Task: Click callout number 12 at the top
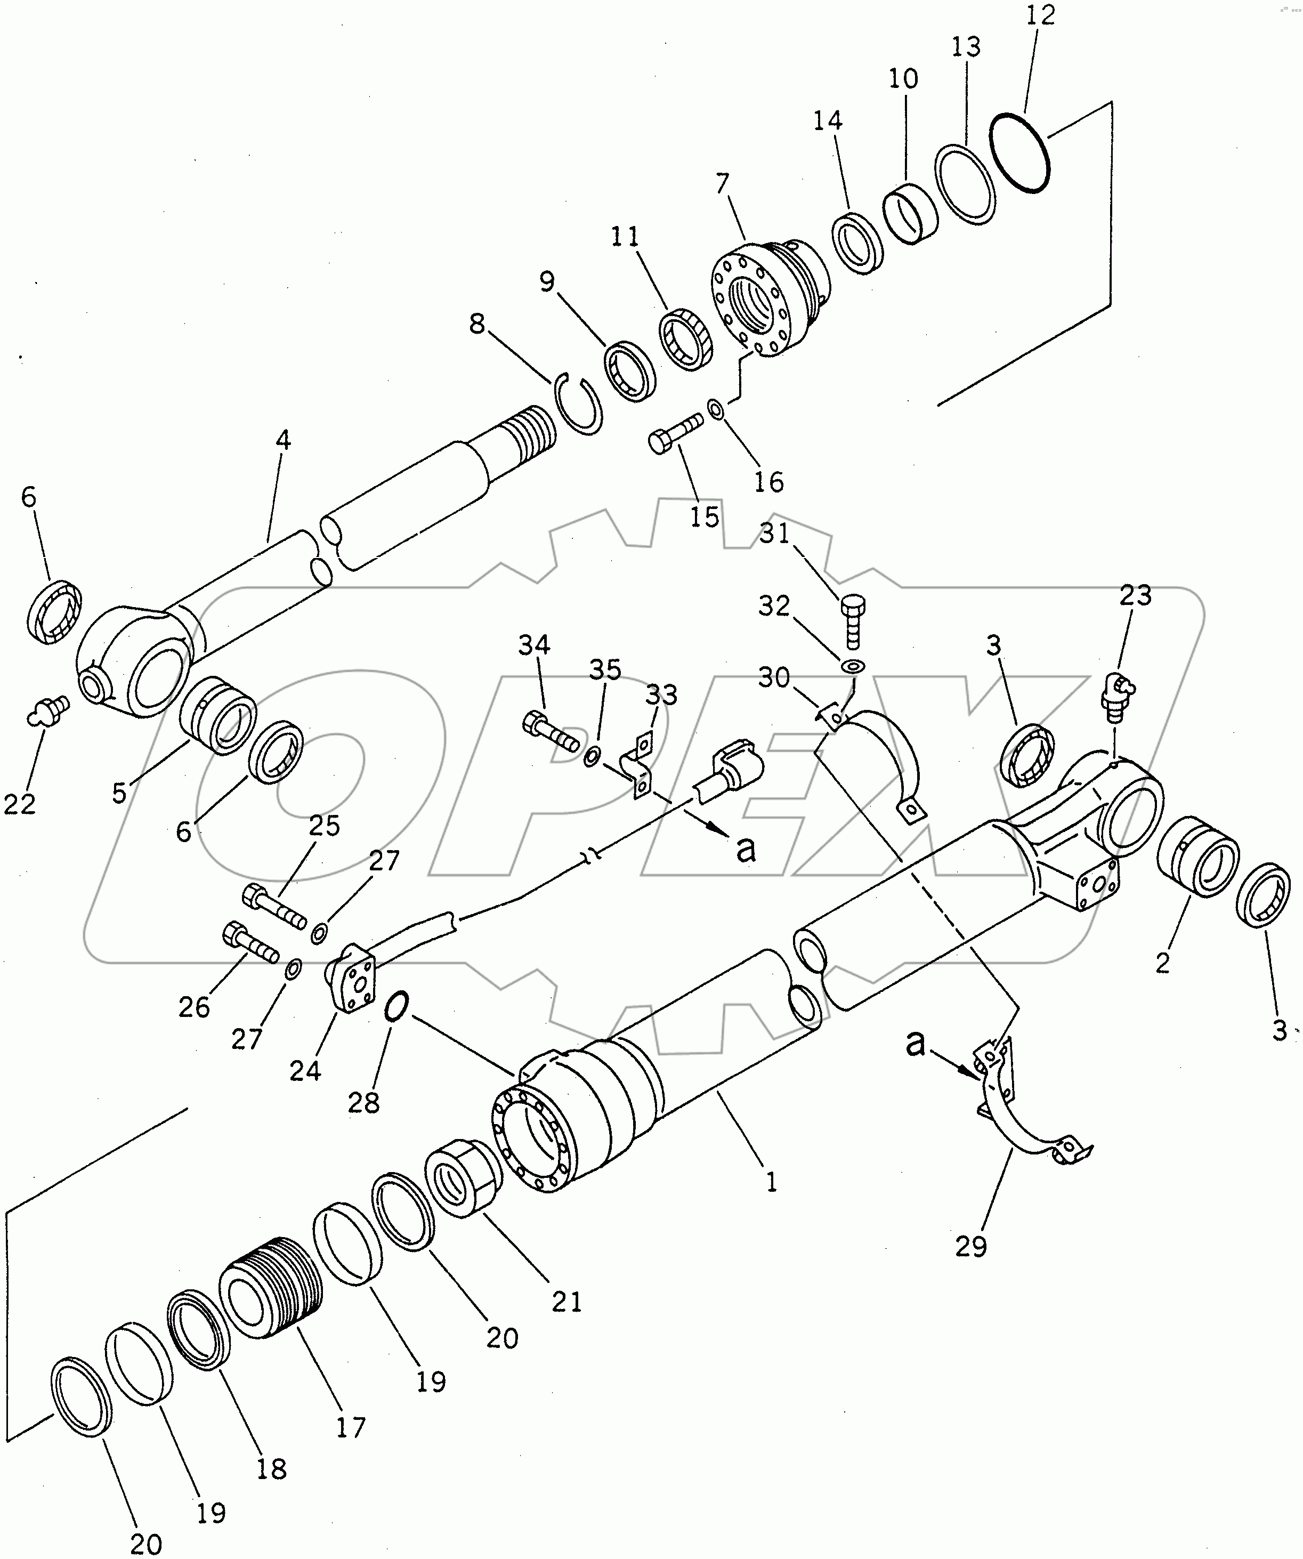(x=1040, y=15)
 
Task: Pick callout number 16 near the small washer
(x=768, y=482)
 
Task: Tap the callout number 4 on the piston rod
(x=283, y=440)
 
